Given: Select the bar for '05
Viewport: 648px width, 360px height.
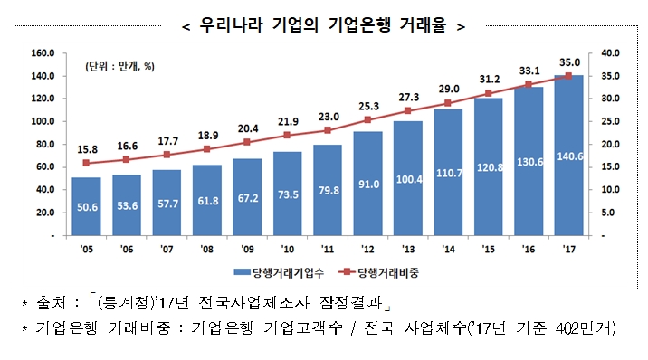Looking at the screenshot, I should (x=86, y=206).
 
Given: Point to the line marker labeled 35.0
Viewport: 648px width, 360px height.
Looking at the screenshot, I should (x=568, y=76).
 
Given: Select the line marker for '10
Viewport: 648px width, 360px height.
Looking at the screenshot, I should (x=287, y=136).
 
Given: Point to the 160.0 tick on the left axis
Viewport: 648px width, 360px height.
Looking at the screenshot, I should (x=44, y=53).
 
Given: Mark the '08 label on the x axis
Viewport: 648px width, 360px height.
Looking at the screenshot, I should (x=206, y=249).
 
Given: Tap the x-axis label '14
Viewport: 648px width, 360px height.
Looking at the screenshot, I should (x=448, y=249).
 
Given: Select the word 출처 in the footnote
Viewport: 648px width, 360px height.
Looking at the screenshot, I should (x=49, y=301).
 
